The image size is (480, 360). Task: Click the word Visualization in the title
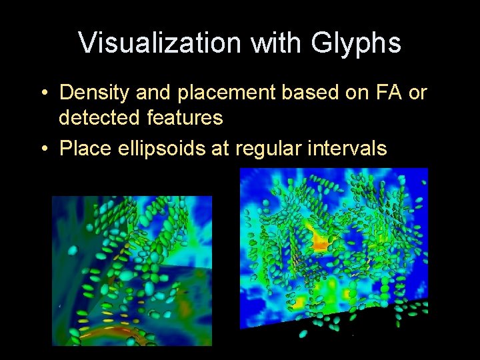[x=160, y=43]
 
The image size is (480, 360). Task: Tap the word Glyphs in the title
[x=357, y=43]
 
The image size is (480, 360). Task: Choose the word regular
[x=267, y=147]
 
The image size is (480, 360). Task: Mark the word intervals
[x=347, y=147]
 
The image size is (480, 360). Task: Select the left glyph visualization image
[x=132, y=271]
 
